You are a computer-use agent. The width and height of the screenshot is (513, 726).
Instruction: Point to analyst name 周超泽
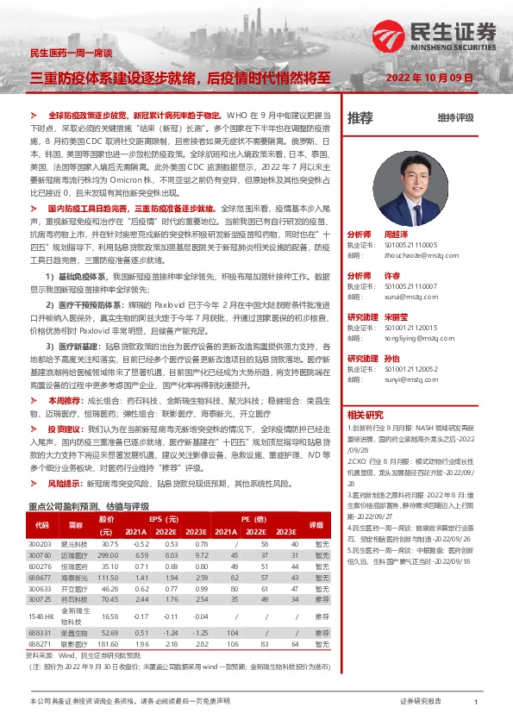[394, 235]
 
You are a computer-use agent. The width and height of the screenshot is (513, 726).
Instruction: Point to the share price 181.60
[109, 643]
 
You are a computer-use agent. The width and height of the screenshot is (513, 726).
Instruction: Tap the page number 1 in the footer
[476, 703]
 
